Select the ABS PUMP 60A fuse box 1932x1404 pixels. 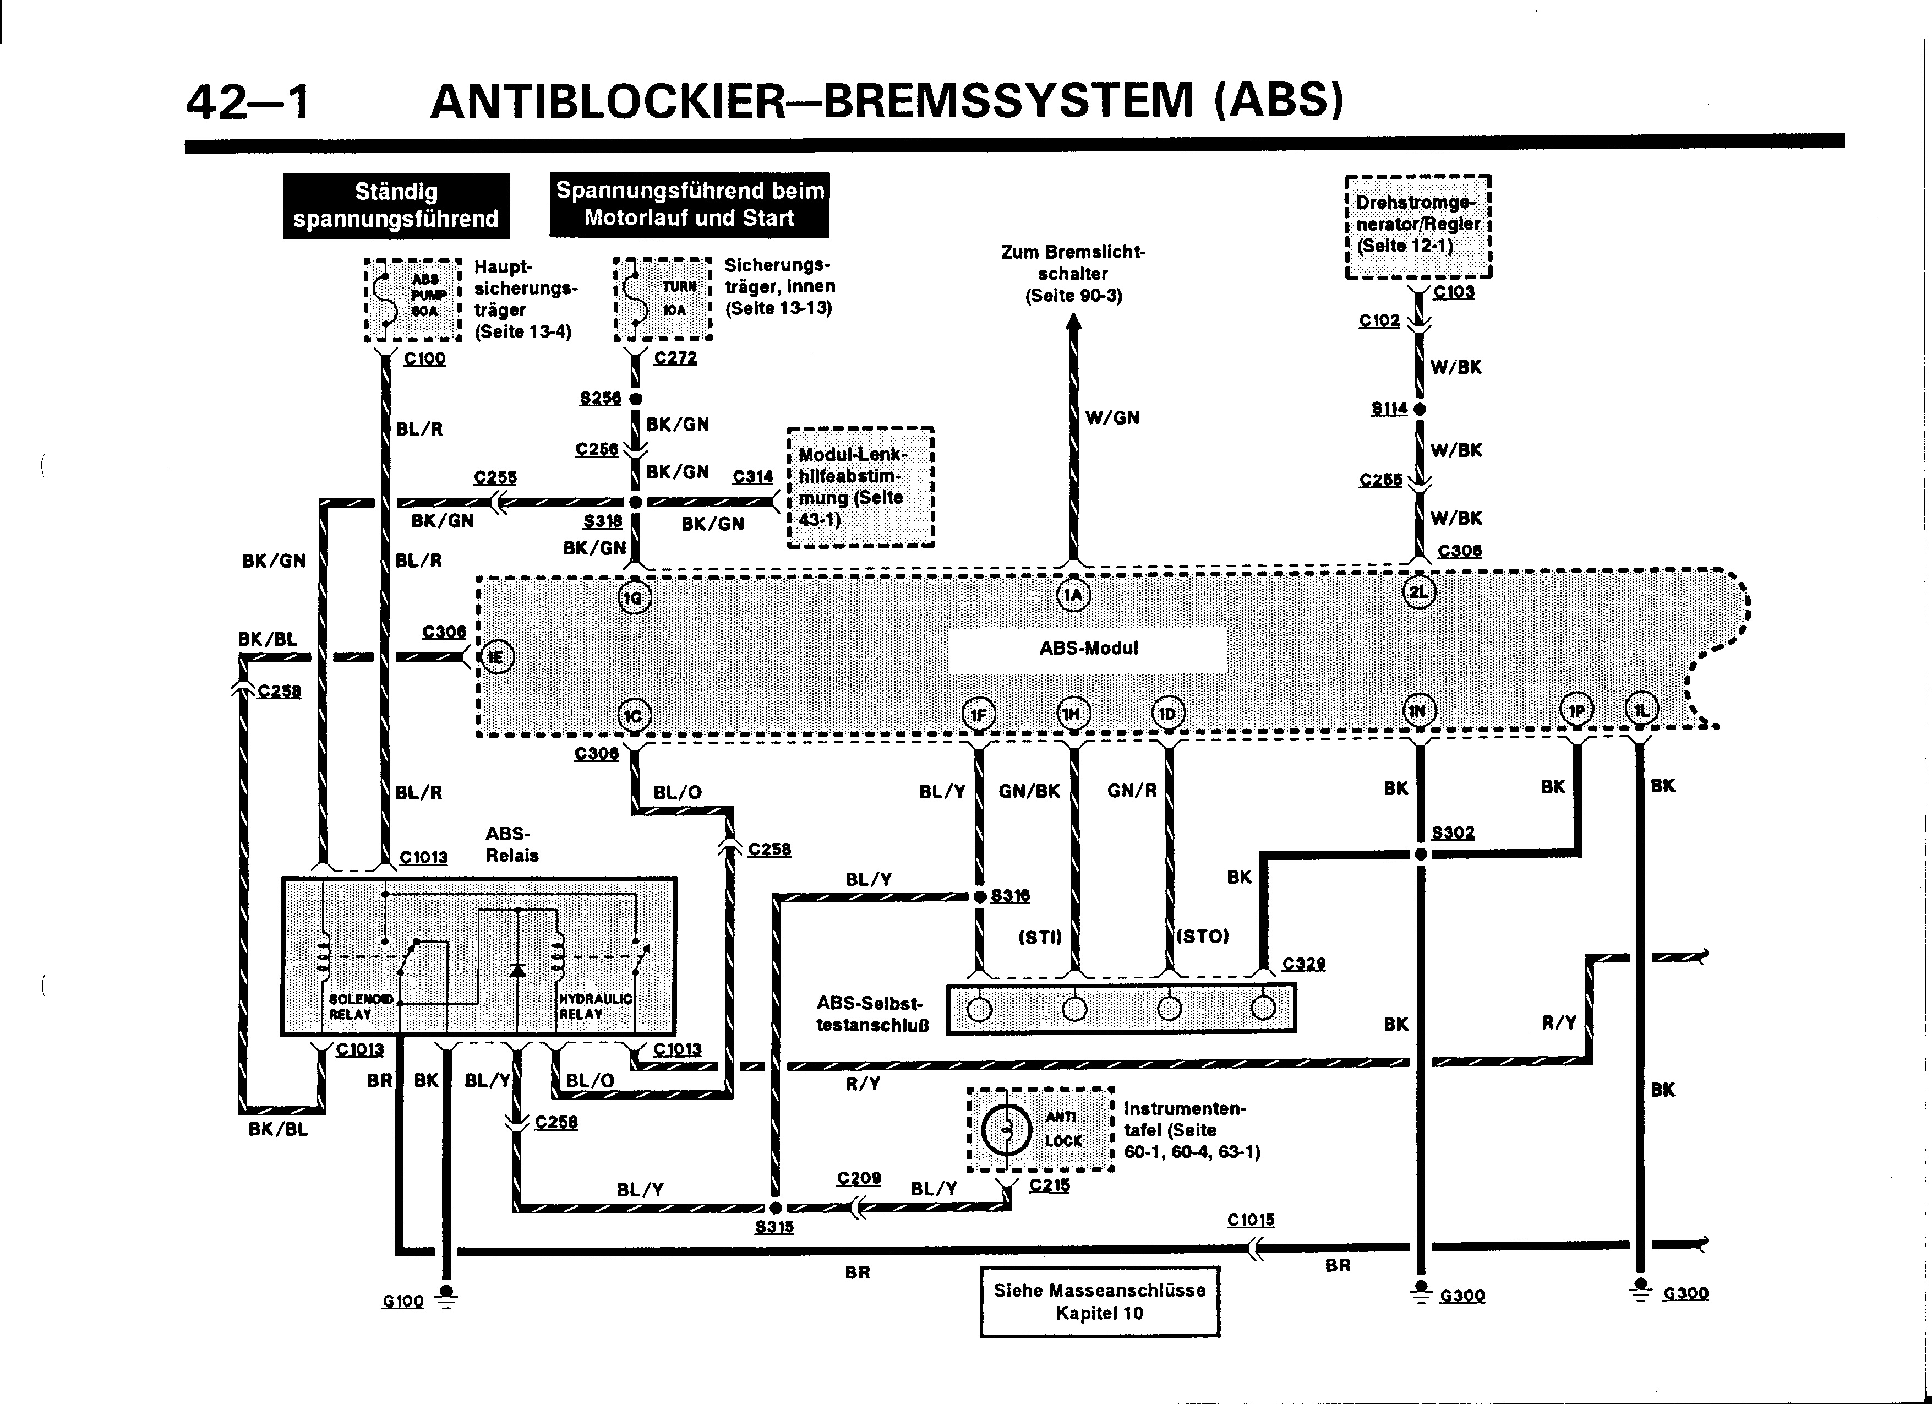coord(413,300)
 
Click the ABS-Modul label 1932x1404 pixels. coord(1088,649)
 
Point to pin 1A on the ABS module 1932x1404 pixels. coord(1073,595)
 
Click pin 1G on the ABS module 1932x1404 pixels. coord(633,598)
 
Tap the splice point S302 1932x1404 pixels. coord(1420,853)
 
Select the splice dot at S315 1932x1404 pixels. coord(775,1208)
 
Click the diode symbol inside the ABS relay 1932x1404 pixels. coord(517,970)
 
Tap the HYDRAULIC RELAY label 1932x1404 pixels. coord(594,1006)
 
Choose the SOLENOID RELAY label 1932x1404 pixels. coord(361,1006)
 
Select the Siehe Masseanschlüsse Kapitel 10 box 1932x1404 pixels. coord(1099,1301)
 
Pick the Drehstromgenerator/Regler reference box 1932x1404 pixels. coord(1418,226)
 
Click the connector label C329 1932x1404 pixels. coord(1303,964)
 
